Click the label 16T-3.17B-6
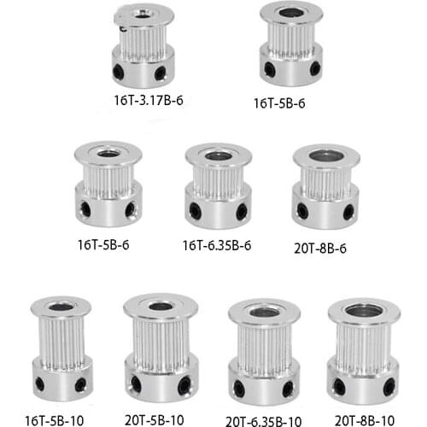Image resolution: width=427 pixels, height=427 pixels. (150, 100)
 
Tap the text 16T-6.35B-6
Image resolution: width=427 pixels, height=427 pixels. (216, 247)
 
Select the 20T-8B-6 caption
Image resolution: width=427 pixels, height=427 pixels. (323, 249)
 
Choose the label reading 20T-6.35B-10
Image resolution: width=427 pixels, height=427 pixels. (265, 419)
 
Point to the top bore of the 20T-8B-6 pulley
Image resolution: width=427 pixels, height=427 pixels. (326, 156)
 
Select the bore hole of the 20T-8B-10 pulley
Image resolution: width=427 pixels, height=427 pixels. (364, 311)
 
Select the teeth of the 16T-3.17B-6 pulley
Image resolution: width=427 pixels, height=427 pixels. (143, 38)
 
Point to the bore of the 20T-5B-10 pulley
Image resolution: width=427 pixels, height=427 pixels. (161, 306)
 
